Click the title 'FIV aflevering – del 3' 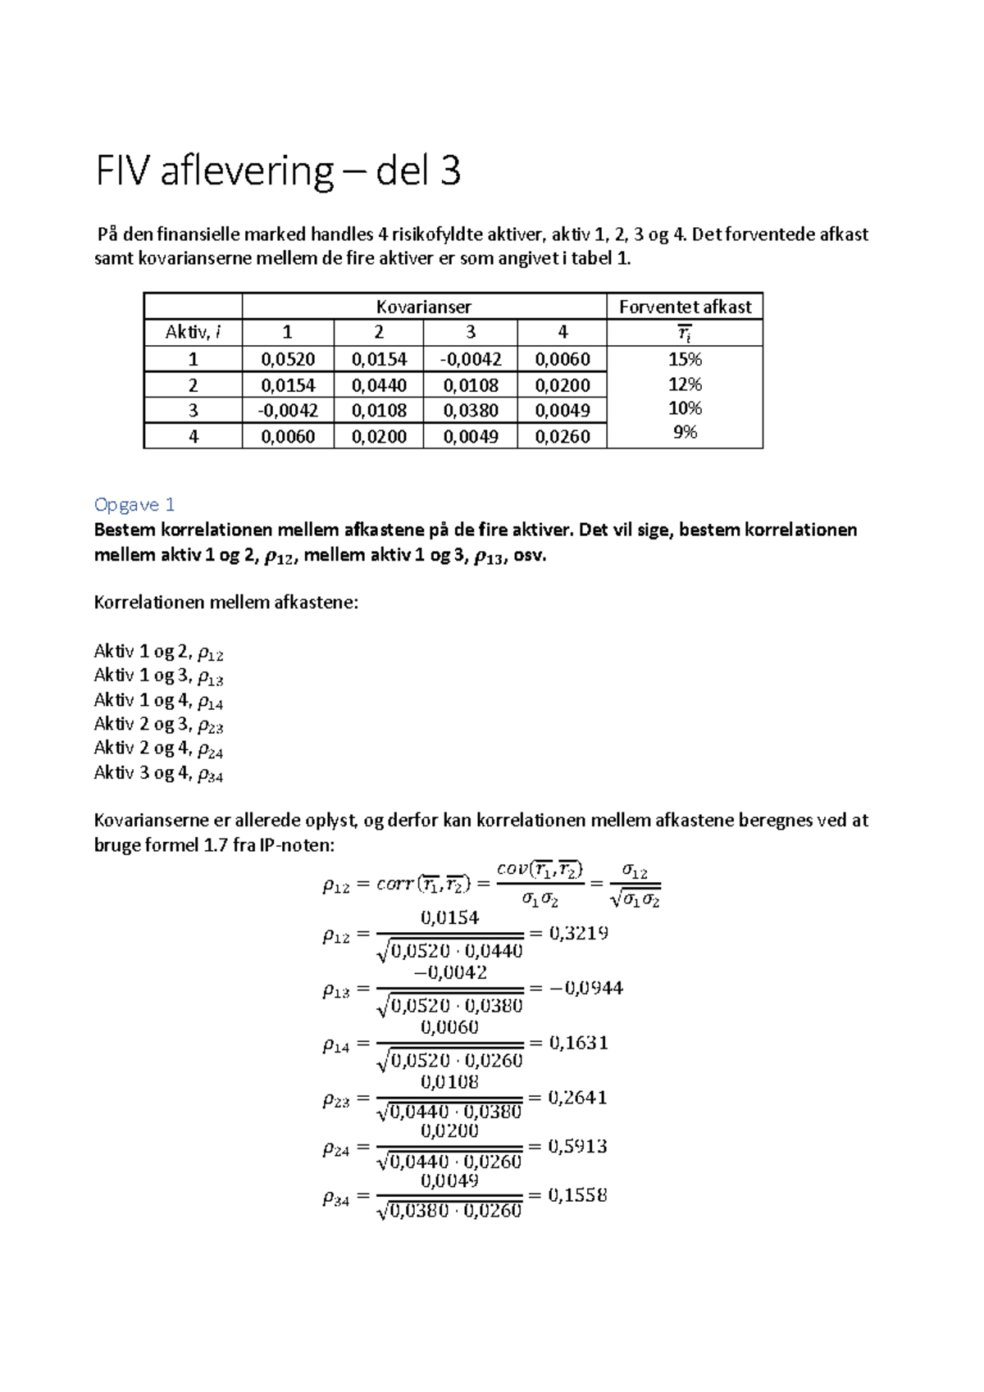pos(278,171)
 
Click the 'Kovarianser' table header pos(423,307)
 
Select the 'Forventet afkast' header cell pos(685,307)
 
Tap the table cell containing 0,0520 pos(288,359)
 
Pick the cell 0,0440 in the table pos(379,385)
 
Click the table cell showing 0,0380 pos(471,411)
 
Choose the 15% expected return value pos(685,359)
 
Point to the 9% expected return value pos(685,432)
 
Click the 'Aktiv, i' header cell pos(193,332)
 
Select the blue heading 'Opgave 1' pos(134,504)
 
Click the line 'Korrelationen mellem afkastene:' pos(226,603)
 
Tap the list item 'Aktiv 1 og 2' pos(158,652)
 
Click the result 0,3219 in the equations pos(578,933)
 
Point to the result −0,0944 pos(585,988)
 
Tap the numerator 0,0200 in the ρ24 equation pos(449,1130)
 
